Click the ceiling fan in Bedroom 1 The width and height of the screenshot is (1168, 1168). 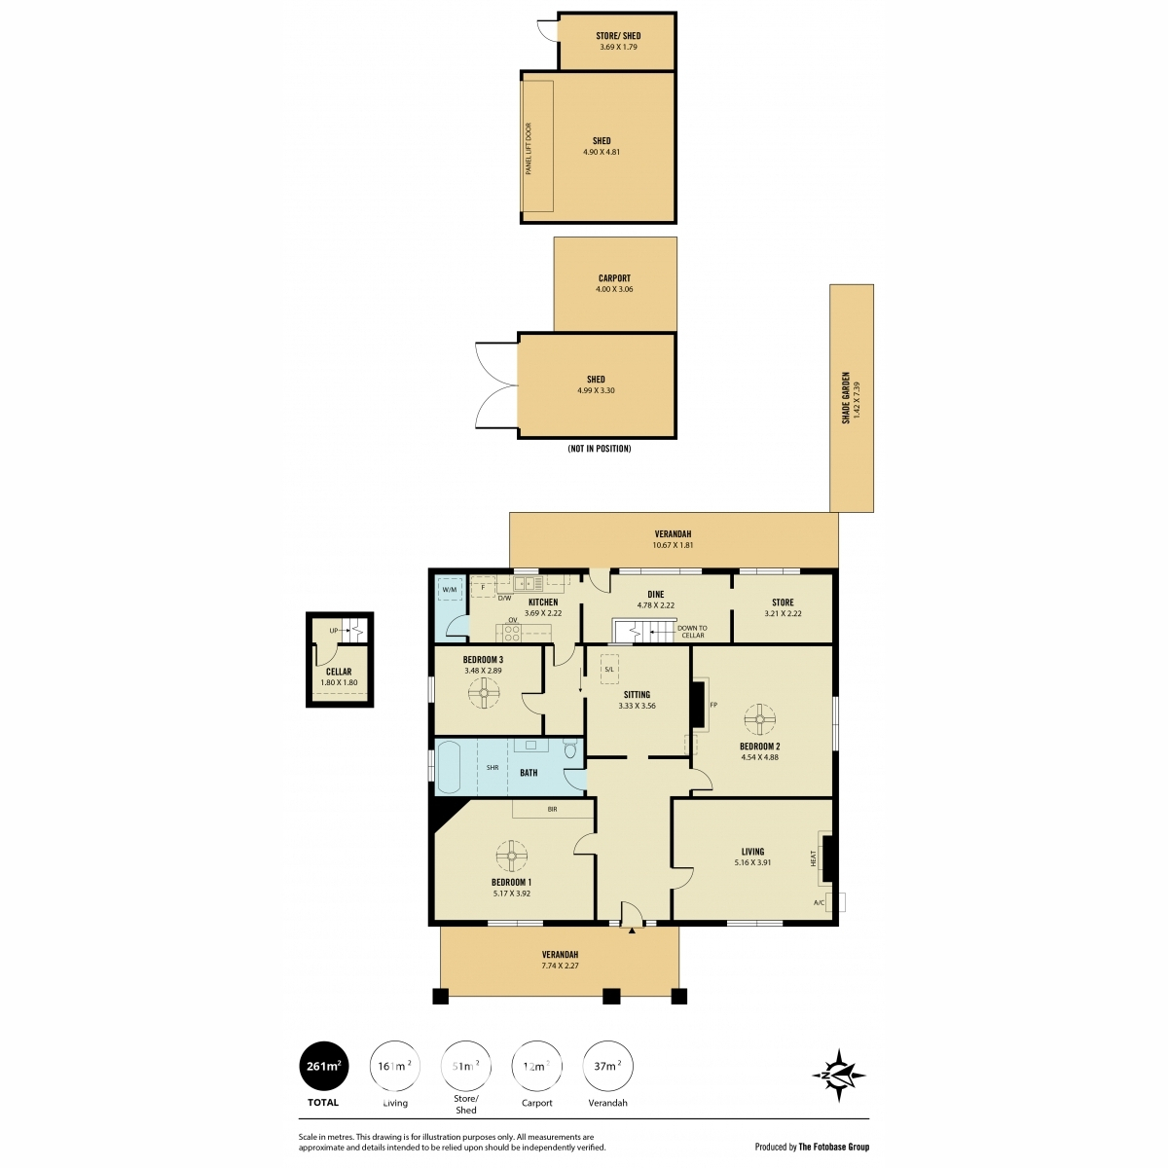(512, 856)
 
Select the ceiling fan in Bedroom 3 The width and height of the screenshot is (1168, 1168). (484, 692)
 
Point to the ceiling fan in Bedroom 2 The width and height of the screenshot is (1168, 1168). (759, 719)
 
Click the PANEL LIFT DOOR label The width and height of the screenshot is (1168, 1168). (529, 149)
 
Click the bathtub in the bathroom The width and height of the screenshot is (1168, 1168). (449, 767)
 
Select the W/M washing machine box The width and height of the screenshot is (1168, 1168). (450, 589)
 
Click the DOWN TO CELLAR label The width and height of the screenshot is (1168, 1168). (692, 632)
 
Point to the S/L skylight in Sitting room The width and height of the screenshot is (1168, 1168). (609, 669)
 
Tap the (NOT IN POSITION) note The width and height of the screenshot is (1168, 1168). (599, 449)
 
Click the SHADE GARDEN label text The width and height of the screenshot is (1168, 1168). (846, 398)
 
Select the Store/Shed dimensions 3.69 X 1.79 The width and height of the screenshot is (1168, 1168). (618, 47)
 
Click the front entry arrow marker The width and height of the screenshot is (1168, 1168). (632, 930)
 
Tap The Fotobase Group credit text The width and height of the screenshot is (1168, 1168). (833, 1147)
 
